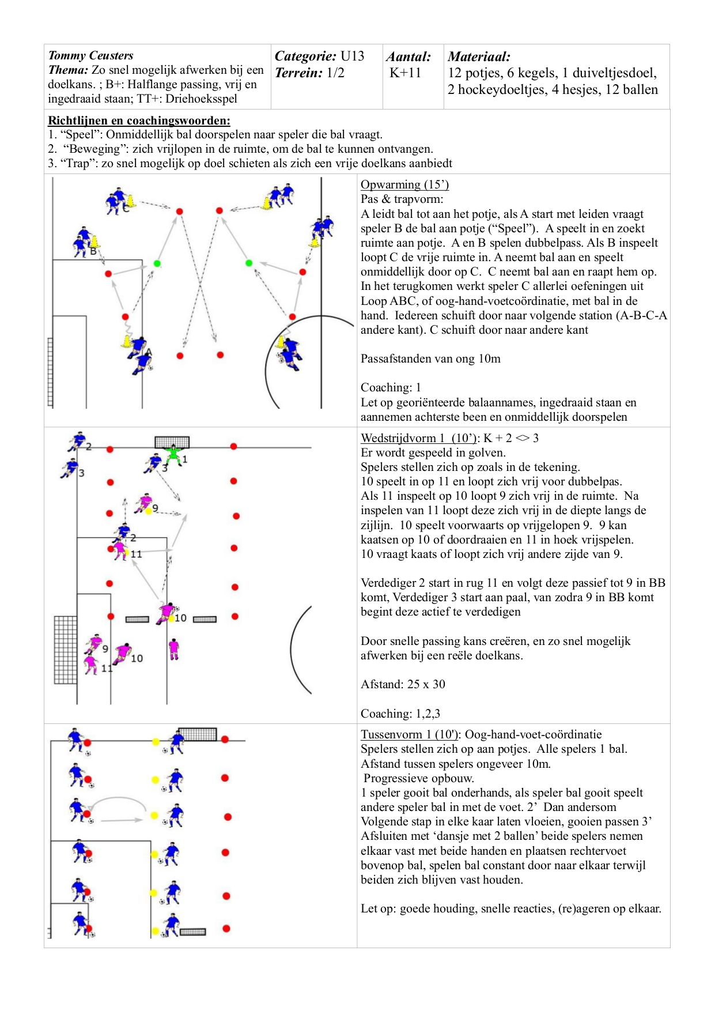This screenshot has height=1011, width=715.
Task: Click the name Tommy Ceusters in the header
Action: (x=90, y=55)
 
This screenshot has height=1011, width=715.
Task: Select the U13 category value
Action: (x=352, y=56)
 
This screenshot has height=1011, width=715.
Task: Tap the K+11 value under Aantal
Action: (x=406, y=73)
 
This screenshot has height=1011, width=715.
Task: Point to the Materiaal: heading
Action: (x=479, y=56)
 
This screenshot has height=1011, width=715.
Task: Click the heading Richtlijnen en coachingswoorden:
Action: (x=139, y=120)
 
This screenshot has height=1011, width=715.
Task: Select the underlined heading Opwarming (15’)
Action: (x=404, y=184)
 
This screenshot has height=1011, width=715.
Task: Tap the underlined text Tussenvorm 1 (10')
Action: (x=410, y=734)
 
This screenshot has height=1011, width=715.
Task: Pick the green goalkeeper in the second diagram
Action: (x=173, y=455)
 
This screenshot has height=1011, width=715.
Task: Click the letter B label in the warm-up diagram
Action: (x=93, y=251)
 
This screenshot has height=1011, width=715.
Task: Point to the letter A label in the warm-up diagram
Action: (x=149, y=352)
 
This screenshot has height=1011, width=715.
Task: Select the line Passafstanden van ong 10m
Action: (x=430, y=359)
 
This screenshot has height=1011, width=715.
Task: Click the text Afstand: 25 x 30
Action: (x=403, y=684)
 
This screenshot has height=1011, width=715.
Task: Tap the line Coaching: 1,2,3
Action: (x=400, y=714)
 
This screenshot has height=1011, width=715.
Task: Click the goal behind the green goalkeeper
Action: (x=172, y=442)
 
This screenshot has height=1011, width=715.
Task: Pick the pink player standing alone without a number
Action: (x=174, y=649)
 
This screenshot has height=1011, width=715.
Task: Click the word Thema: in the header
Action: (x=68, y=70)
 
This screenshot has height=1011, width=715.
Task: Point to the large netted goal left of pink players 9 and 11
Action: (x=66, y=650)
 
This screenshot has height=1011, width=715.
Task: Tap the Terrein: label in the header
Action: (x=298, y=73)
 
